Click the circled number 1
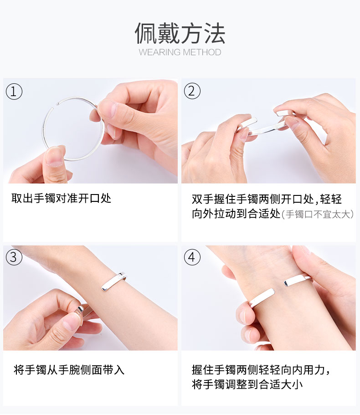(x=14, y=92)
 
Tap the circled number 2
(x=192, y=91)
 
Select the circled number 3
(x=14, y=257)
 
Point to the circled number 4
(x=192, y=257)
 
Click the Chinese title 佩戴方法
(x=180, y=33)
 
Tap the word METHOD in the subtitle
(x=202, y=52)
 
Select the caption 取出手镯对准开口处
(x=61, y=198)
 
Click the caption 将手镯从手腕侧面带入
(x=69, y=370)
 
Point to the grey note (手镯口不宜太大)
(x=318, y=214)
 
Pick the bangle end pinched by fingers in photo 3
(x=82, y=310)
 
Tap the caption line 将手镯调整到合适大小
(x=247, y=384)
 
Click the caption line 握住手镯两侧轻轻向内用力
(x=261, y=370)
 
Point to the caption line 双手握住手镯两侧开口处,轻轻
(x=267, y=199)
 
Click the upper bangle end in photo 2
(x=284, y=113)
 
